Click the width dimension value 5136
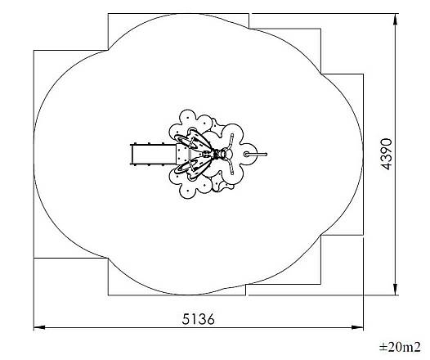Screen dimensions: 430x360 (x=198, y=319)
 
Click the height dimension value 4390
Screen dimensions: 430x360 (x=387, y=154)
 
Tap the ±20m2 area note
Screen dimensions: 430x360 (x=400, y=347)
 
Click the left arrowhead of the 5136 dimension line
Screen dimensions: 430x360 (x=39, y=327)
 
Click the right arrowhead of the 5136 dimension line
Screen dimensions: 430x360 (x=357, y=327)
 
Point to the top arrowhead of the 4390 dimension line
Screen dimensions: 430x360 (x=395, y=20)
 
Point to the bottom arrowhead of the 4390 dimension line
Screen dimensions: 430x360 (x=395, y=290)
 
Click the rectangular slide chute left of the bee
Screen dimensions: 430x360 (x=153, y=154)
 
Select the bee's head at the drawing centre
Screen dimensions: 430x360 (x=226, y=154)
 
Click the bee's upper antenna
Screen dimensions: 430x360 (x=231, y=141)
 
